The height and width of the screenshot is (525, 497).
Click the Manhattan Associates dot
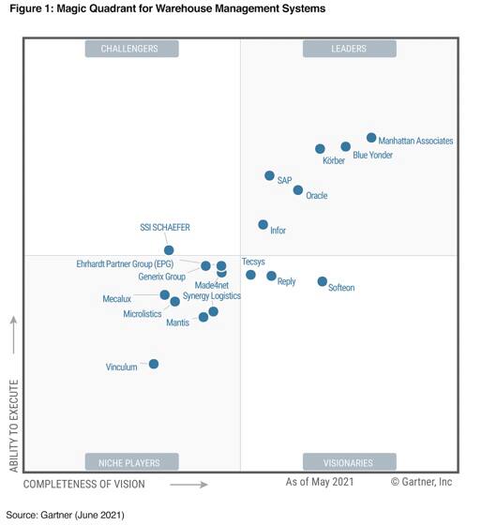coord(371,138)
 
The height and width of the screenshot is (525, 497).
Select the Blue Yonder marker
coord(346,146)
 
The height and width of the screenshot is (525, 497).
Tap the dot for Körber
coord(321,149)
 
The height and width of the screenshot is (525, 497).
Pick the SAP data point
coord(270,176)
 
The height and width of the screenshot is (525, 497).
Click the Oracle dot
coord(298,190)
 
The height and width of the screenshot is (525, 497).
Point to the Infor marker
coord(264,225)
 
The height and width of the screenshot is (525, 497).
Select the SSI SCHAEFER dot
coord(169,250)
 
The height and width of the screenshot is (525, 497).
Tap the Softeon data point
coord(323,281)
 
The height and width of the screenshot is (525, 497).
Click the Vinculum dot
coord(154,364)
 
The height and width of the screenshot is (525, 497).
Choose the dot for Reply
coord(272,276)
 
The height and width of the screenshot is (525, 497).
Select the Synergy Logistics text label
coord(211,296)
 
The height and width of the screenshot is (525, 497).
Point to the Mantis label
coord(177,322)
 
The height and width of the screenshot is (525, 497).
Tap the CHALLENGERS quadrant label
coord(131,49)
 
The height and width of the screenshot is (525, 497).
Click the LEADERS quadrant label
coord(349,49)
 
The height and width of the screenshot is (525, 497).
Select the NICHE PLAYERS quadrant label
coord(131,462)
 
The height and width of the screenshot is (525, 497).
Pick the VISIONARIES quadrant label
coord(349,462)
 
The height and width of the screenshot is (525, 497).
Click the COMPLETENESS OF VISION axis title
coord(84,484)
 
